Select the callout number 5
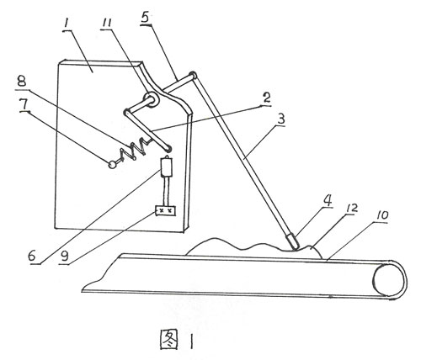tap(145, 18)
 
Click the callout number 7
tap(24, 105)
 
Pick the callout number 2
tap(266, 98)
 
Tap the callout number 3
tap(281, 119)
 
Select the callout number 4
tap(328, 200)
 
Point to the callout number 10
tap(381, 215)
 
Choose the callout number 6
tap(32, 256)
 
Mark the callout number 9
tap(65, 256)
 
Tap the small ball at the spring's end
tap(112, 165)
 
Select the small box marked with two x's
tap(166, 211)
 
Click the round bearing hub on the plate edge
tap(151, 100)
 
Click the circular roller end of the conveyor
tap(388, 279)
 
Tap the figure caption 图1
tap(177, 339)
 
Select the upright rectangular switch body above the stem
tap(166, 167)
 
